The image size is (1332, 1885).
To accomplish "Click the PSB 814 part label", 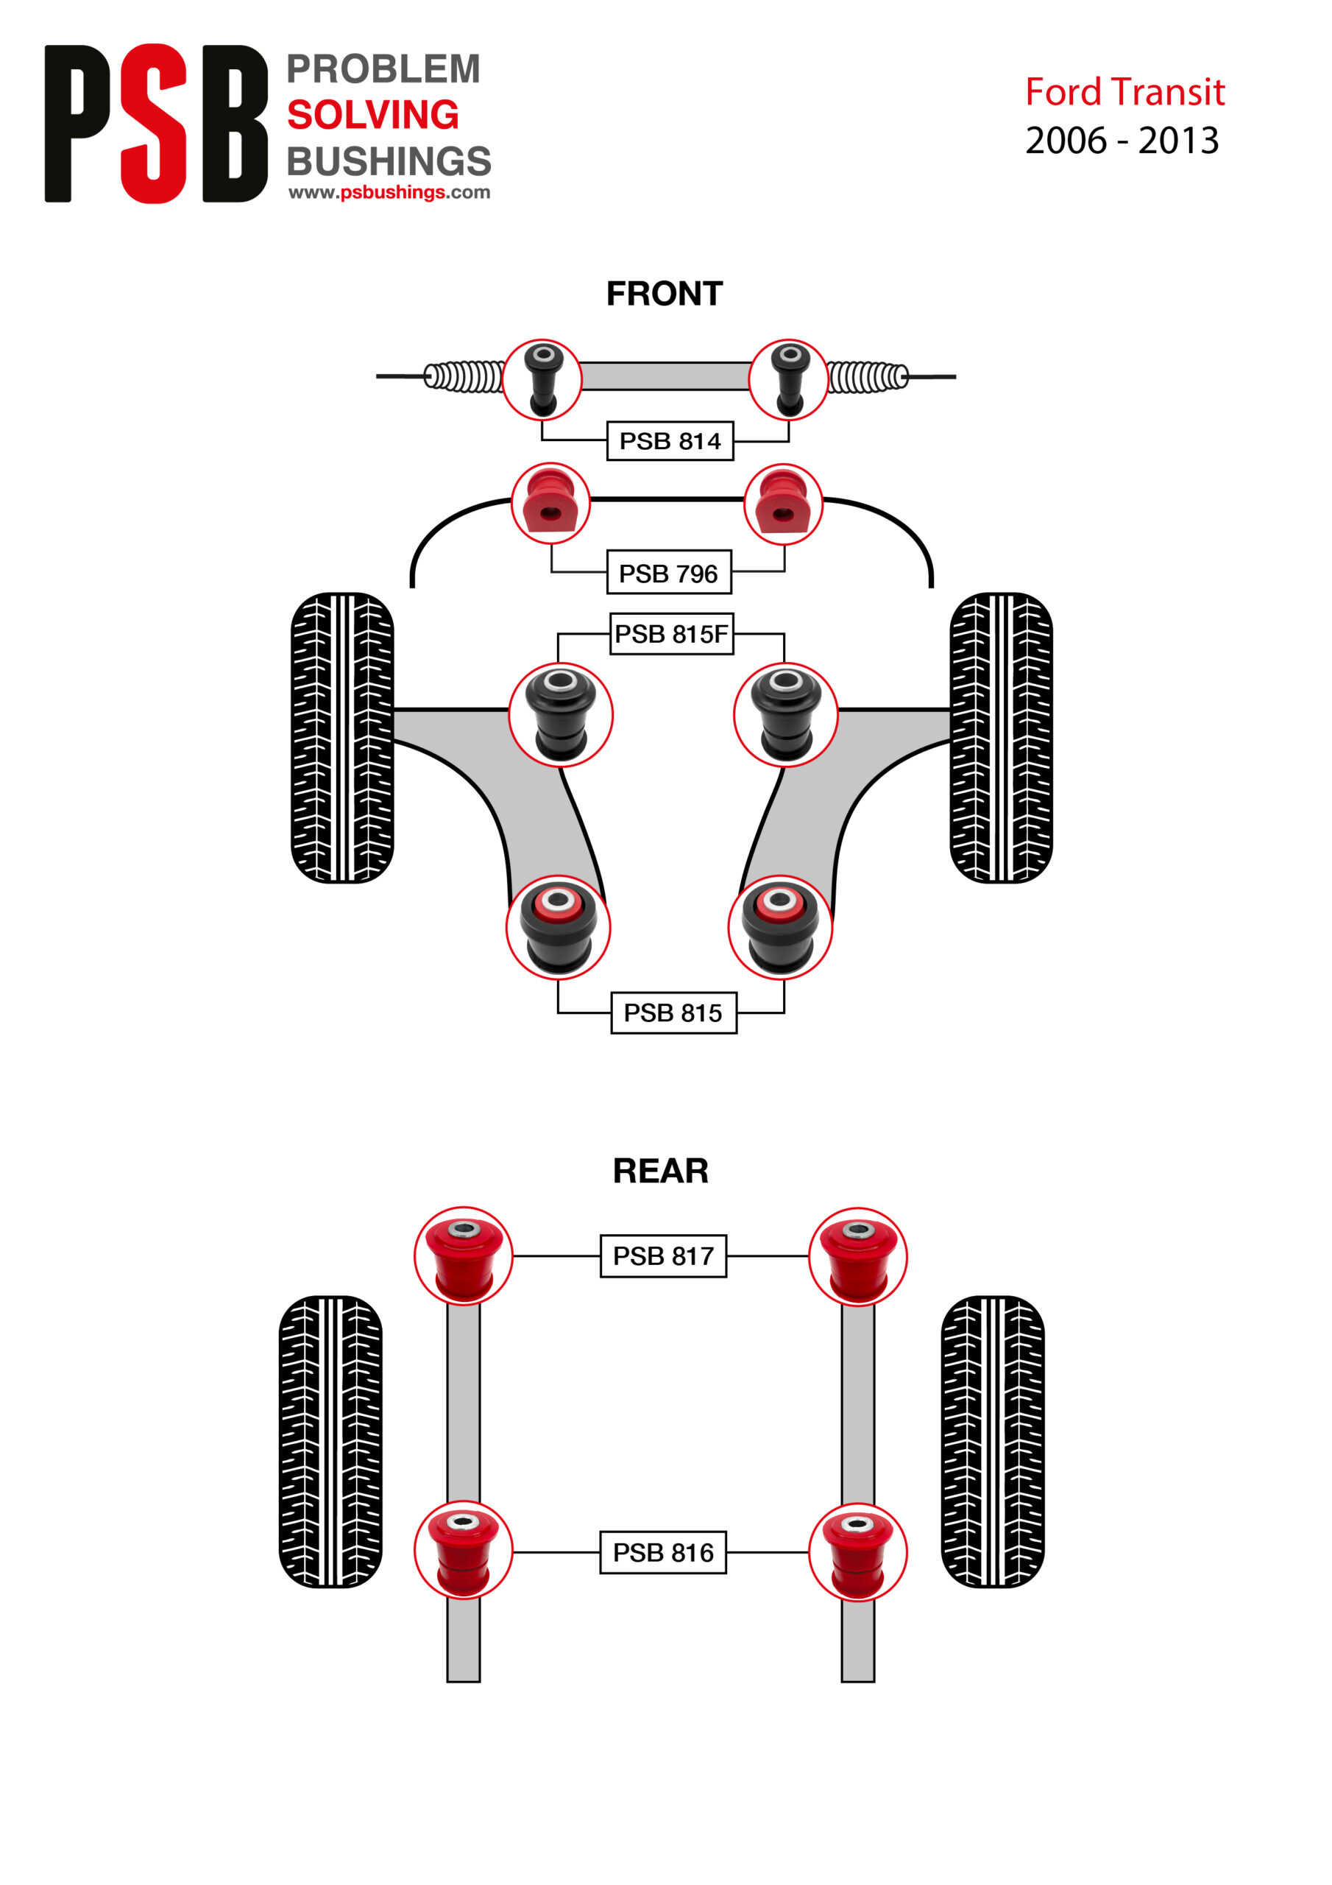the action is [x=670, y=441].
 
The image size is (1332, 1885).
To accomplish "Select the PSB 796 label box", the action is [x=669, y=572].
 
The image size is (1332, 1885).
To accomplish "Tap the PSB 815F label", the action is [x=671, y=634].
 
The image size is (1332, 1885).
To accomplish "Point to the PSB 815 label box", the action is [x=673, y=1012].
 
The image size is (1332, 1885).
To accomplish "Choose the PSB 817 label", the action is [x=663, y=1256].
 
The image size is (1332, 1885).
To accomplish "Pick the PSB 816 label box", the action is [x=663, y=1552].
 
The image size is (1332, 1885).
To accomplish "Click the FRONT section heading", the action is [x=665, y=293].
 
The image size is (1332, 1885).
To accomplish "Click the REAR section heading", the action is [x=661, y=1171].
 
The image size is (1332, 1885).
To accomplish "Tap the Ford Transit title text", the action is [x=1125, y=92].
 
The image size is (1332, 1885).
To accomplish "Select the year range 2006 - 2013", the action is [x=1122, y=141].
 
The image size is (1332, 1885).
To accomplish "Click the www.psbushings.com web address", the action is [x=389, y=192].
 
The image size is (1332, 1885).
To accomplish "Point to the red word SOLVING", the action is [x=372, y=115].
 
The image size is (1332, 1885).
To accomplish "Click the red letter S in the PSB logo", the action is [x=154, y=123].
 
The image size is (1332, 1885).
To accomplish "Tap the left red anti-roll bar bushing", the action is [x=550, y=503].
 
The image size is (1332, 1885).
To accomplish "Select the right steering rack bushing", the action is [x=789, y=379].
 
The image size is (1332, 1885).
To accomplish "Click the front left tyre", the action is [x=342, y=737].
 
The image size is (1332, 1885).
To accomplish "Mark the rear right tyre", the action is [x=992, y=1442].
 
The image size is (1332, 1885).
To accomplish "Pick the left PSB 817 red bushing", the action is [x=464, y=1256].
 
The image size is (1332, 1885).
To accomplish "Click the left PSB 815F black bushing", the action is [x=561, y=715].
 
